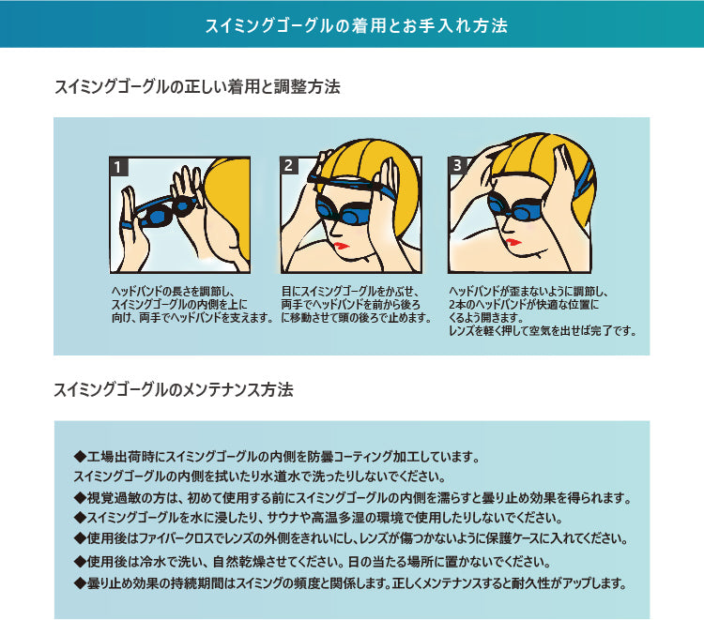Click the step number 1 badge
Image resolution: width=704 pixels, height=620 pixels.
[x=118, y=168]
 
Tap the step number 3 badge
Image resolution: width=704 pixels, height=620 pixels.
[x=457, y=165]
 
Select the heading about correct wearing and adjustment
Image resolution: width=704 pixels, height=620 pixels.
[x=197, y=88]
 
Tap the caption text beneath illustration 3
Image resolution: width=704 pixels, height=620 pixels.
[x=543, y=311]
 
